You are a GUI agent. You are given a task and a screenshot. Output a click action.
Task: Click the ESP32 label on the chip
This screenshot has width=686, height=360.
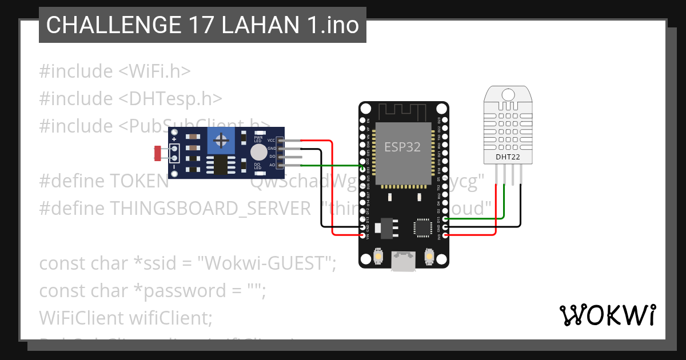[402, 147]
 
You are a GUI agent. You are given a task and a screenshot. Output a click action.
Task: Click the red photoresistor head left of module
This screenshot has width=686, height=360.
[158, 153]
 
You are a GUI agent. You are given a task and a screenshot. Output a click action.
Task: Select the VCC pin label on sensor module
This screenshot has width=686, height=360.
[272, 140]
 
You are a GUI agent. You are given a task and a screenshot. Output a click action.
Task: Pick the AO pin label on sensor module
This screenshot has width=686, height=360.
[272, 165]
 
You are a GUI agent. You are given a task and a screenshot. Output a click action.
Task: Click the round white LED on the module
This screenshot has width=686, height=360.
[258, 152]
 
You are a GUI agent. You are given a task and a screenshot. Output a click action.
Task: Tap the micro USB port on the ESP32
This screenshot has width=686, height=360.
[404, 262]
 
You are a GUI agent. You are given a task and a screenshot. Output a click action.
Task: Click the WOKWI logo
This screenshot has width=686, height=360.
[608, 315]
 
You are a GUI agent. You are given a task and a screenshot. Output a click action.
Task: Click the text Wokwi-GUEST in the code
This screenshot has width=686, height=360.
[265, 264]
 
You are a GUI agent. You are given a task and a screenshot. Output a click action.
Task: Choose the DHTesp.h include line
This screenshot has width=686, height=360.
[130, 98]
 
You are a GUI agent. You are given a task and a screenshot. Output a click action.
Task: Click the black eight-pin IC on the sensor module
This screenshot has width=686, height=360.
[220, 165]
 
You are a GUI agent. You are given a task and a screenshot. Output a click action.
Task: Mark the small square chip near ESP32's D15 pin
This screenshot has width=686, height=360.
[422, 227]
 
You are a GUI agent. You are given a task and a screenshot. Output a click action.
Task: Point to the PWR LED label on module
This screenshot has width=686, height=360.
[258, 138]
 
